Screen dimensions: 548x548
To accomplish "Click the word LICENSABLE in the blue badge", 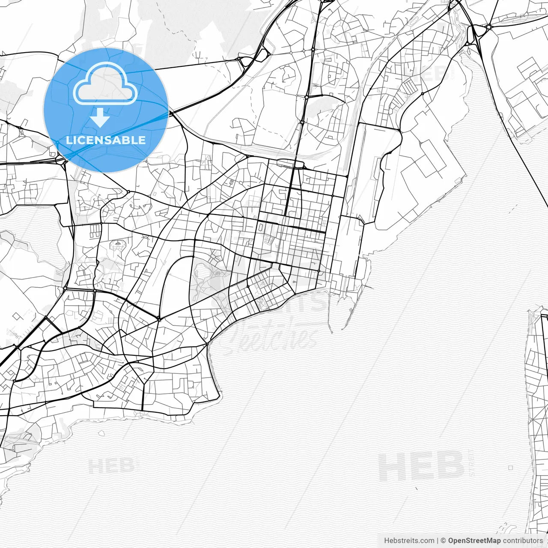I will coord(106,140).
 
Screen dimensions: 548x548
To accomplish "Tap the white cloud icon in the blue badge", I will coord(105,83).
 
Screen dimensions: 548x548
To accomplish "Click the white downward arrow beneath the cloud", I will coord(100,118).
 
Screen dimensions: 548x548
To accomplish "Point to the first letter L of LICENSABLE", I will coord(68,140).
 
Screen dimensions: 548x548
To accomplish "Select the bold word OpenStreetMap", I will coord(474,541).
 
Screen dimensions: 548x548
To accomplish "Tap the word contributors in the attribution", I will coord(523,541).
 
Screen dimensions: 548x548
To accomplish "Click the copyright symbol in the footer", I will coord(444,541).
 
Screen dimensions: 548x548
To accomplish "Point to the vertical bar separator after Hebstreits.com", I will coord(438,541).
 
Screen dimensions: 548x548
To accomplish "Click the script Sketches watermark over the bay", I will coord(274,336).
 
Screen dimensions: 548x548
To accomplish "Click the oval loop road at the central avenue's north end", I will coord(290,163).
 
